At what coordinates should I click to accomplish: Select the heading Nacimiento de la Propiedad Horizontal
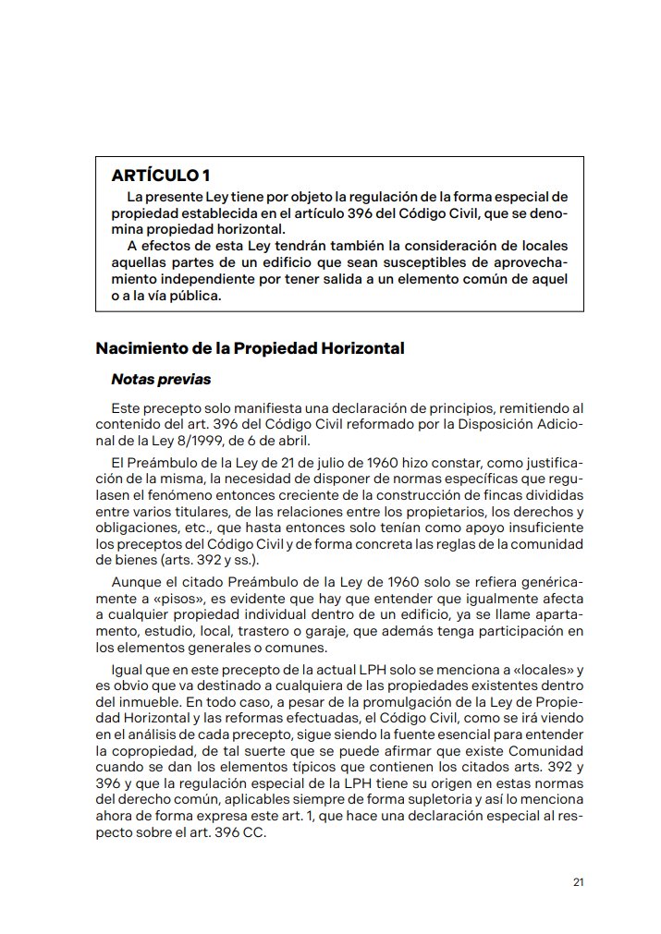pyautogui.click(x=251, y=349)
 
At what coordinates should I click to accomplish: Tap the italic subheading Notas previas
pyautogui.click(x=161, y=379)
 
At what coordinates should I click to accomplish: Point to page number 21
pyautogui.click(x=578, y=882)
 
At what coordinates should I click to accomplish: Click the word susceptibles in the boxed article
pyautogui.click(x=396, y=262)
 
